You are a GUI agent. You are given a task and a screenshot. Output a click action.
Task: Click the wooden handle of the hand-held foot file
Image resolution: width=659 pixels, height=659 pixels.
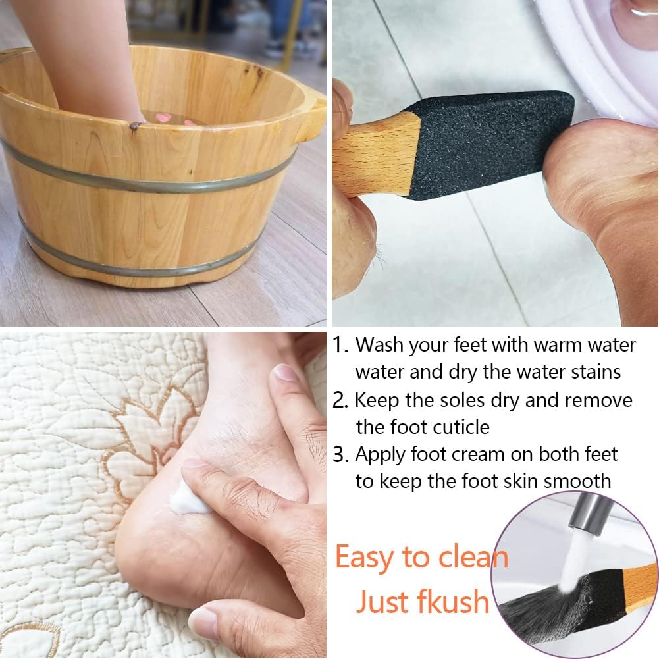pyautogui.click(x=375, y=155)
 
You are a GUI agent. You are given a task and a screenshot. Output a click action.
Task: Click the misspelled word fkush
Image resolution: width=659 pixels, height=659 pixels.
pyautogui.click(x=454, y=602)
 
